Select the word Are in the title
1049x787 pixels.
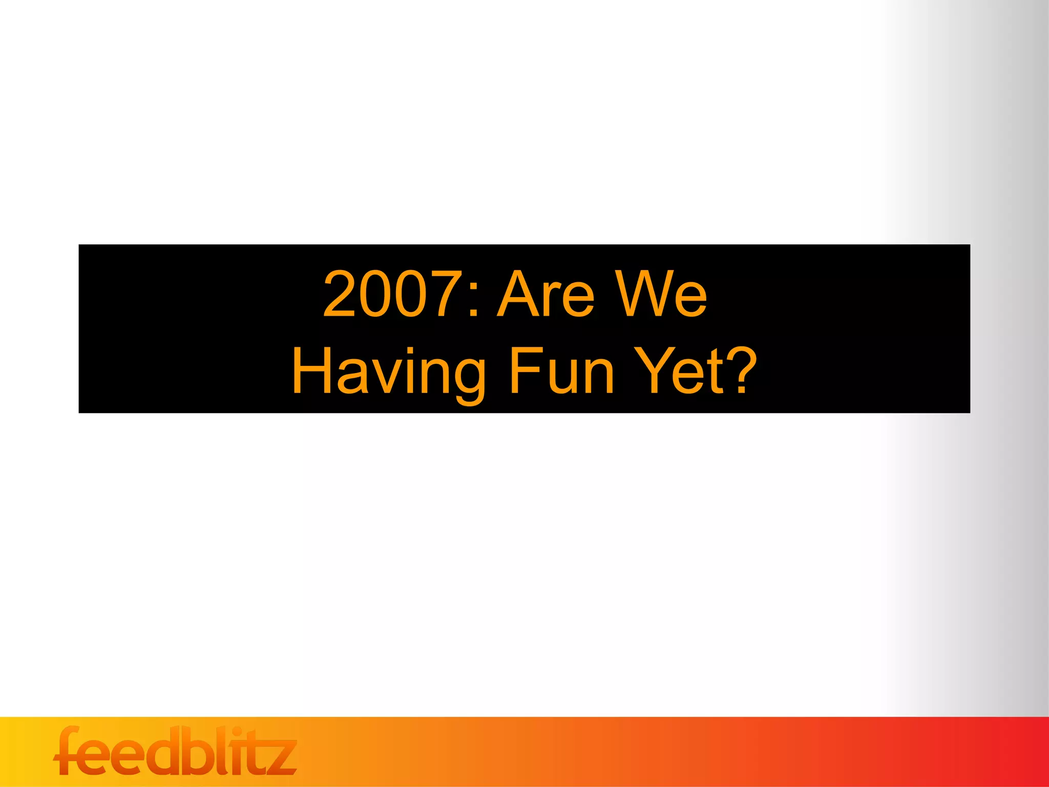[546, 294]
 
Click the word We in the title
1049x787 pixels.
[661, 294]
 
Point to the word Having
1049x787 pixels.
[389, 371]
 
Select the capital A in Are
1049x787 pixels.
[517, 294]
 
